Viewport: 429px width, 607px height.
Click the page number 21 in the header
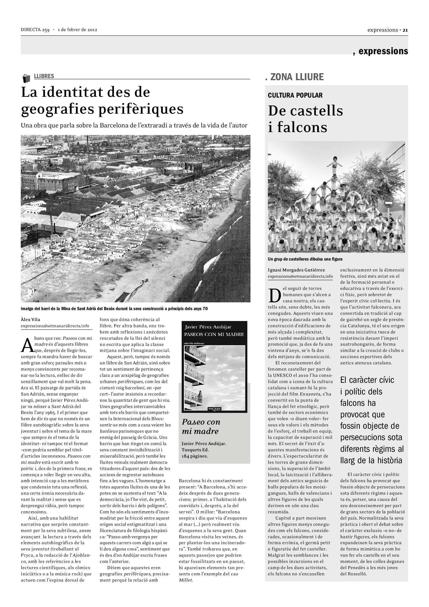[x=405, y=30]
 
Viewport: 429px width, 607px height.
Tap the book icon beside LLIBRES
[x=26, y=79]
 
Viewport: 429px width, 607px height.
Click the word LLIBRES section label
[x=44, y=76]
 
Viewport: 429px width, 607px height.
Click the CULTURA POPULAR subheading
[x=295, y=95]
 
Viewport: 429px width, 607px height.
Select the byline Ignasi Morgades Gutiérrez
[x=296, y=270]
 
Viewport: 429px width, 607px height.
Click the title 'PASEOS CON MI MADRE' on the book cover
[x=214, y=334]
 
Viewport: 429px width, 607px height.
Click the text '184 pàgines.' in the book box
[x=195, y=456]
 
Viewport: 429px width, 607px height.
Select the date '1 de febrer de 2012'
[x=77, y=30]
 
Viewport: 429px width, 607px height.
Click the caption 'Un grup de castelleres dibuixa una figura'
[x=305, y=259]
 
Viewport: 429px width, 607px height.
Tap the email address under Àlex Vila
[x=55, y=326]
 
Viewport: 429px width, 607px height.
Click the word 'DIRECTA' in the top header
[x=31, y=30]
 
